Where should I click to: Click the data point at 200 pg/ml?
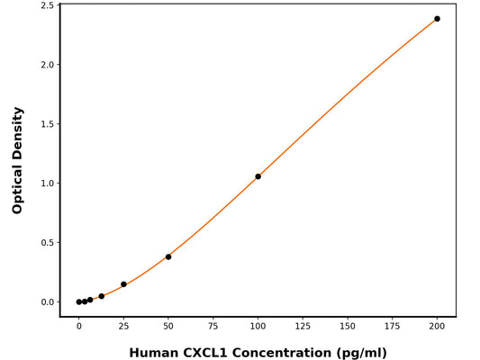[x=437, y=19]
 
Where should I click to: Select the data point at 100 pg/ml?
[x=258, y=176]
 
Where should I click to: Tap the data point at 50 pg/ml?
[x=168, y=256]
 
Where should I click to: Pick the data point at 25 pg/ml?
[x=123, y=284]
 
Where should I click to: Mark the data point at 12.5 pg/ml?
[x=101, y=296]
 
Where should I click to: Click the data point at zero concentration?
[x=79, y=302]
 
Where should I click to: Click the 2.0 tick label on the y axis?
[x=45, y=65]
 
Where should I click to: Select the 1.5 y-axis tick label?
[x=45, y=124]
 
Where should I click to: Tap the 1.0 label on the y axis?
[x=45, y=184]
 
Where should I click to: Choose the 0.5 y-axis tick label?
[x=45, y=243]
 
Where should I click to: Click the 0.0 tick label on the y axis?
[x=45, y=302]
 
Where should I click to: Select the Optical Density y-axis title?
[x=17, y=160]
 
